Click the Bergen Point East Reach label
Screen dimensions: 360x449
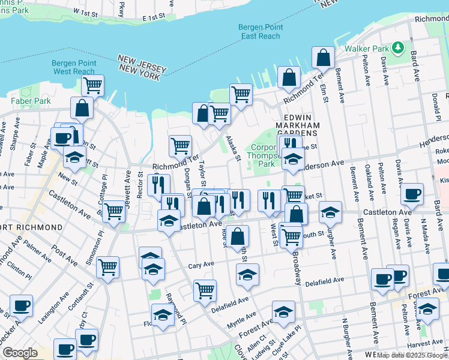point(259,32)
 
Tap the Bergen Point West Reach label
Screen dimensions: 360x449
point(74,67)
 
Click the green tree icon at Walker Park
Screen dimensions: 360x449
point(397,47)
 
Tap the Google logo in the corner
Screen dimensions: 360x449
point(20,353)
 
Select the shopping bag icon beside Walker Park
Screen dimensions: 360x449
point(323,58)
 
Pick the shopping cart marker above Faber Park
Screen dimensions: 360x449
point(92,86)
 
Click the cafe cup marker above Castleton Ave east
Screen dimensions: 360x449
point(412,194)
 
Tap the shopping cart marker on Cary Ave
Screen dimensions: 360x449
point(107,267)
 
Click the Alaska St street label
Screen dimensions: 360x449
point(233,148)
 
